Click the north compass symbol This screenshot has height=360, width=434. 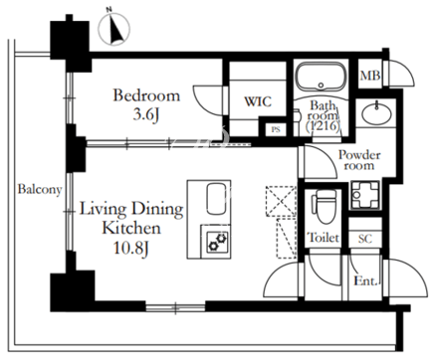[x=113, y=29]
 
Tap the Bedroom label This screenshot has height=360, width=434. [x=146, y=95]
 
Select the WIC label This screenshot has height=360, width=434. [x=258, y=101]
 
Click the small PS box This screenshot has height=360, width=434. [x=276, y=129]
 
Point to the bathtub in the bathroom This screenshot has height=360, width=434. [x=321, y=78]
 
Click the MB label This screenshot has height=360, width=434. [x=370, y=76]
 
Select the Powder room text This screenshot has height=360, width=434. [x=359, y=160]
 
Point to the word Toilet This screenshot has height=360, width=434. [x=324, y=238]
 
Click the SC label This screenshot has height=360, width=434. [x=365, y=239]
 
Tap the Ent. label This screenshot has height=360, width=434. [x=365, y=281]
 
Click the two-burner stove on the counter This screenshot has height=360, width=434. [x=217, y=242]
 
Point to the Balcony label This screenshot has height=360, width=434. [x=40, y=190]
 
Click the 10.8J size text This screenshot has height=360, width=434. [x=130, y=248]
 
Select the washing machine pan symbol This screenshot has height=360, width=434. [x=365, y=195]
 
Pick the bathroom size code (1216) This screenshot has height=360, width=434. [x=323, y=126]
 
